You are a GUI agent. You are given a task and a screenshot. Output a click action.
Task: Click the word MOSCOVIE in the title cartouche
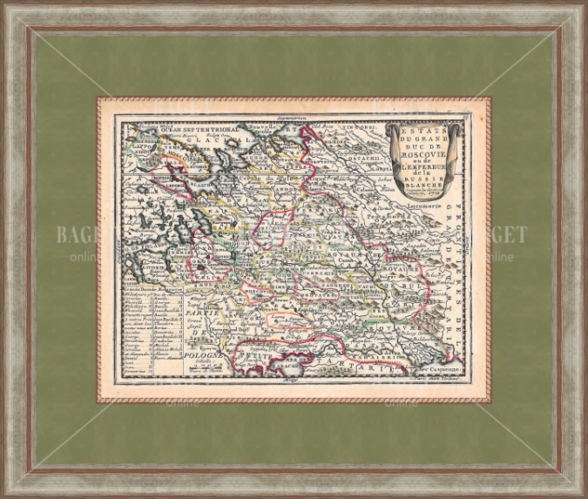420,145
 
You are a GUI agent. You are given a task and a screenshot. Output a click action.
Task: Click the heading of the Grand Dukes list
150,287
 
